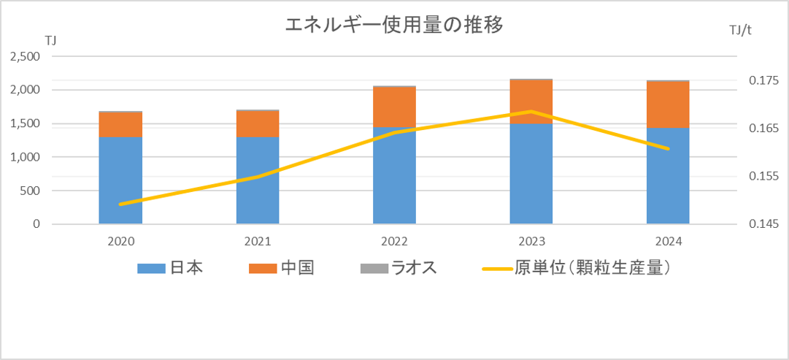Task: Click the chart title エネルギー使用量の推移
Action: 393,26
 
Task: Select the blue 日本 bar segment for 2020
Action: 120,180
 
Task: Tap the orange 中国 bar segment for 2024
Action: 668,104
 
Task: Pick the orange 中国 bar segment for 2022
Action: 394,107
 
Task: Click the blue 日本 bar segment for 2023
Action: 531,174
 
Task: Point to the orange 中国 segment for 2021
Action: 258,123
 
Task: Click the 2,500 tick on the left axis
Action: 26,57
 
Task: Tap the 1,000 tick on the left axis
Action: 26,157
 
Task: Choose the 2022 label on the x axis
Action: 394,242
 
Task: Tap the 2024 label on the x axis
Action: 668,242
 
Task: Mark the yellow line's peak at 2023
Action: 531,112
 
